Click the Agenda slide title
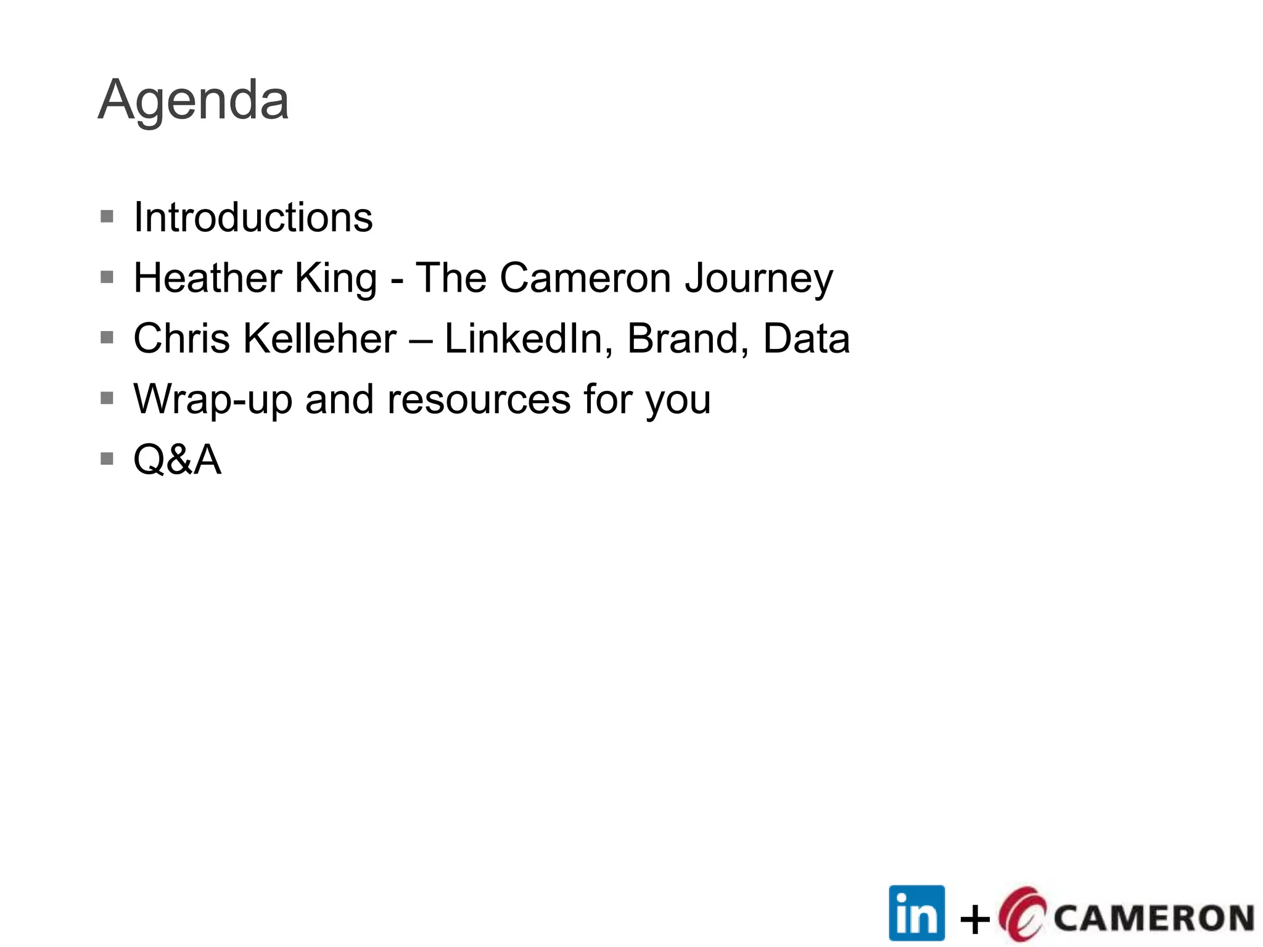(193, 100)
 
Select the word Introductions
(253, 218)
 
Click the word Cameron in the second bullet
(585, 278)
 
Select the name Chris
(182, 338)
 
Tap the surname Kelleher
(319, 338)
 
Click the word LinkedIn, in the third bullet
(528, 340)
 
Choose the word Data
(806, 338)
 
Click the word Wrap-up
(213, 400)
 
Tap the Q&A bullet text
(177, 460)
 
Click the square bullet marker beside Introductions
(107, 216)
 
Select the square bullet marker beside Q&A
(107, 459)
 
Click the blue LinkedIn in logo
(916, 913)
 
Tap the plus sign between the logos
(975, 920)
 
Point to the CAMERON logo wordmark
(1153, 918)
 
